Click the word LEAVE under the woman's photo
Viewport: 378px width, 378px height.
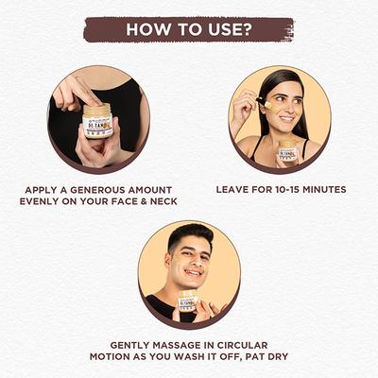point(234,189)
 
